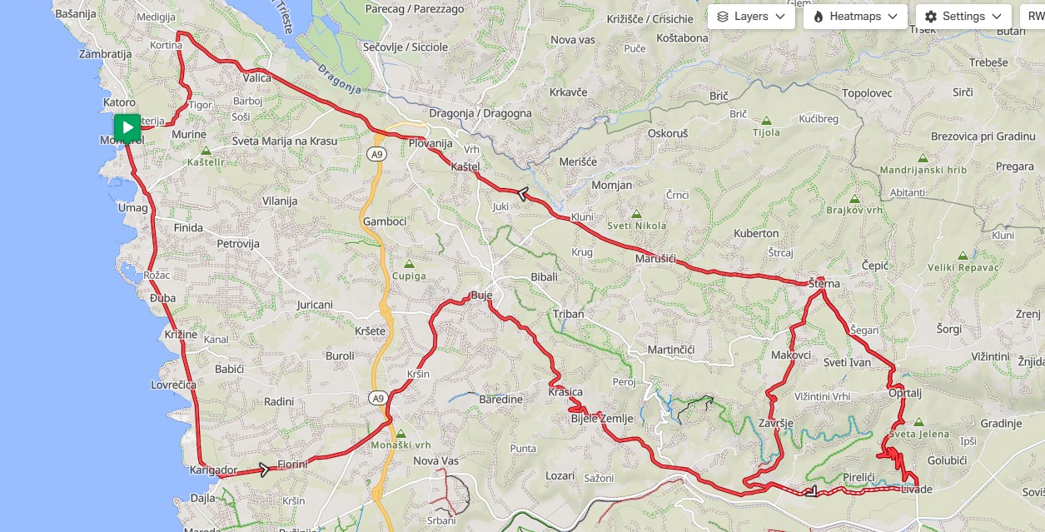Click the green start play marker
(127, 127)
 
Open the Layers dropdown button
(751, 17)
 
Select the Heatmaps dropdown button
(855, 17)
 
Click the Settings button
(963, 17)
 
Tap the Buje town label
(481, 296)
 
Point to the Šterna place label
(824, 284)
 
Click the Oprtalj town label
(905, 392)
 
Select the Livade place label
(916, 489)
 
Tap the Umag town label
(133, 207)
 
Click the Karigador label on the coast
(213, 470)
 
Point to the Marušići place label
(654, 259)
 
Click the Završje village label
(775, 423)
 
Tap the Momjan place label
(612, 185)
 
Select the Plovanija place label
(430, 143)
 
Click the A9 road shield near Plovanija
(377, 154)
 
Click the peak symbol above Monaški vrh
(401, 434)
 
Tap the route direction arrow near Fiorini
(265, 470)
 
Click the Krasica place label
(565, 391)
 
